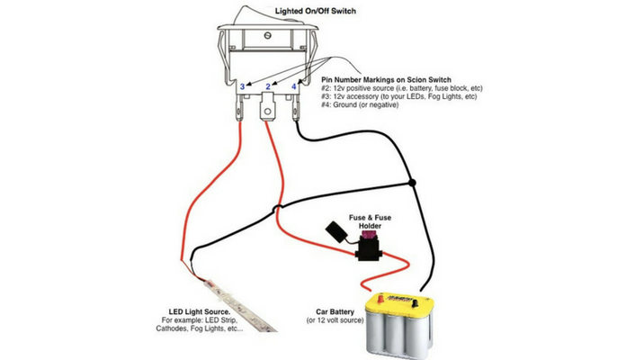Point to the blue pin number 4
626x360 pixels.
point(293,86)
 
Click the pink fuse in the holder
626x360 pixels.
point(367,238)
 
